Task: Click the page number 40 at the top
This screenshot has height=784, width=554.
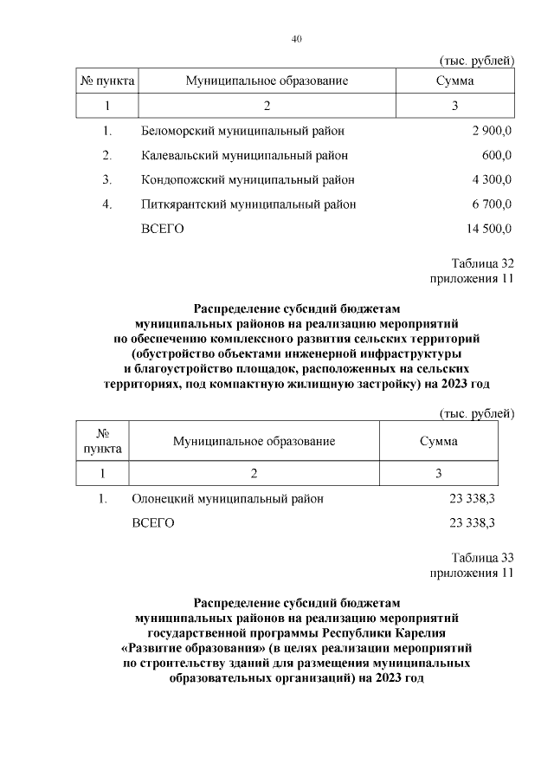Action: (x=296, y=39)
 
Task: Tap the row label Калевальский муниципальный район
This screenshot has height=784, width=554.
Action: (x=245, y=156)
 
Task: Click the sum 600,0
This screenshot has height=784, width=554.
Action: (x=497, y=156)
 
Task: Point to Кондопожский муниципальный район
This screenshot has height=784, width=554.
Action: (x=248, y=180)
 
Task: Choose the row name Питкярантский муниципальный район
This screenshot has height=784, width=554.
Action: (x=248, y=204)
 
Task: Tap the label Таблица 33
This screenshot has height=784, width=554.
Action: (x=482, y=557)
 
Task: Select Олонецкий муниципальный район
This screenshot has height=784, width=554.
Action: (x=228, y=499)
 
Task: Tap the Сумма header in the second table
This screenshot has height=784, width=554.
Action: (x=439, y=441)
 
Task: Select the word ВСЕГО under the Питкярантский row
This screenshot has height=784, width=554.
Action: (x=163, y=229)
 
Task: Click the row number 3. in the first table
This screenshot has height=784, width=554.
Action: (x=107, y=180)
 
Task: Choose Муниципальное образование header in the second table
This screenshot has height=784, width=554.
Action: (x=254, y=441)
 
